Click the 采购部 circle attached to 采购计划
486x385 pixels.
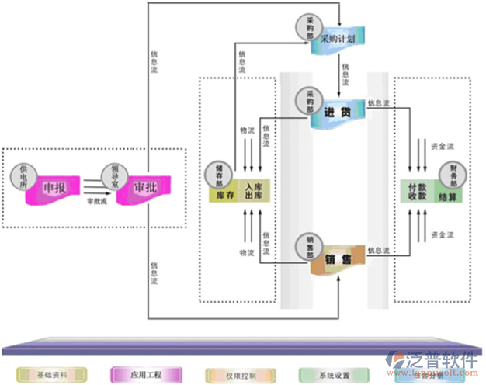pyautogui.click(x=308, y=27)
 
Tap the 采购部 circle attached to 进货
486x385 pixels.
pyautogui.click(x=308, y=99)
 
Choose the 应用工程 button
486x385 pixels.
pyautogui.click(x=145, y=375)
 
